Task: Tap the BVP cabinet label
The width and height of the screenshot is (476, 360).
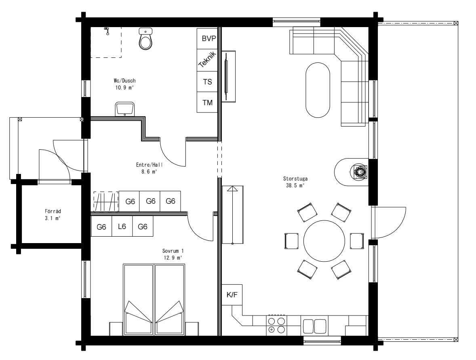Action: coord(209,38)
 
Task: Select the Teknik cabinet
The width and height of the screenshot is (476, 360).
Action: coord(207,60)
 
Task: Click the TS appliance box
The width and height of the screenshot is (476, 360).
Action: coord(207,82)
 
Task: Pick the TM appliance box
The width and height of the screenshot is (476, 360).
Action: coord(207,102)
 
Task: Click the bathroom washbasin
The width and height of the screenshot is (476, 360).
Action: coord(125,109)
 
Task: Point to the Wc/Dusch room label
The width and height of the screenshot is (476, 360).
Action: coord(124,81)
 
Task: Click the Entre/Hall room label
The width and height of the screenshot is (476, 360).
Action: coord(150,165)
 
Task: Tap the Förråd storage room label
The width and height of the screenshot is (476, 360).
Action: coord(53,211)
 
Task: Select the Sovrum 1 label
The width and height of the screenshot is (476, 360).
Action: coord(173,251)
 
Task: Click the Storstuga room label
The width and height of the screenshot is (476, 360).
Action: coord(295,179)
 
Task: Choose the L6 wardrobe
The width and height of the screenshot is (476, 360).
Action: coord(122,226)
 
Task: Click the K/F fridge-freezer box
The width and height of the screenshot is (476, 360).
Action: coord(232,295)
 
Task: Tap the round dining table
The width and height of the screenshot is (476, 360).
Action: coord(324,241)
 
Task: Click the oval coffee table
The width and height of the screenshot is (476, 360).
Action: coord(317,90)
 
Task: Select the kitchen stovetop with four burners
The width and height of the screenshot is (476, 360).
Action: coord(276,325)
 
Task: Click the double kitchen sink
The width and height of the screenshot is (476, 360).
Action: coord(314,326)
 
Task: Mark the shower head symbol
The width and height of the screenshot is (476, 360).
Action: coord(107,31)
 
